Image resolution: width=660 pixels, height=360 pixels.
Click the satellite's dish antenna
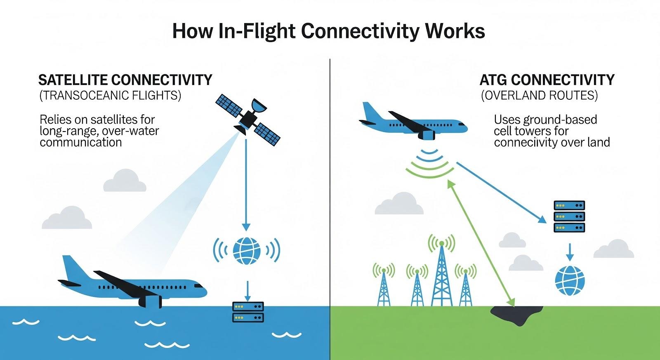click(x=259, y=106)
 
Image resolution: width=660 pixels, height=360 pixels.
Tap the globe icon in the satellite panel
click(x=247, y=251)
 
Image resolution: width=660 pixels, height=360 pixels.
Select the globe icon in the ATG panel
click(x=570, y=280)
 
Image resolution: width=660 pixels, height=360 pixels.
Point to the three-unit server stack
click(x=569, y=216)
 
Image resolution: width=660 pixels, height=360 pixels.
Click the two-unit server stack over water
click(x=248, y=312)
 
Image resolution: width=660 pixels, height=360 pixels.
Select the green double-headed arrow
click(x=481, y=243)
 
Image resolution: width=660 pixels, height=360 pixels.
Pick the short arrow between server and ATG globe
click(x=570, y=252)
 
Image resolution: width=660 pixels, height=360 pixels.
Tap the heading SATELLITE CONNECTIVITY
click(x=125, y=80)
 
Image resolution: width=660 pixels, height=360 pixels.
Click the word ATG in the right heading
click(x=493, y=80)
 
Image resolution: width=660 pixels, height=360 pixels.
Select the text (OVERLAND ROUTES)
click(x=539, y=95)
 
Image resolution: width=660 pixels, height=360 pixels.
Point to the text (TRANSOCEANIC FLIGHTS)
click(x=110, y=95)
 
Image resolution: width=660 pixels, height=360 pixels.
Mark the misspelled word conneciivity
click(x=521, y=142)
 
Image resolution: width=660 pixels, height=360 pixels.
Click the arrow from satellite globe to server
click(x=247, y=291)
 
